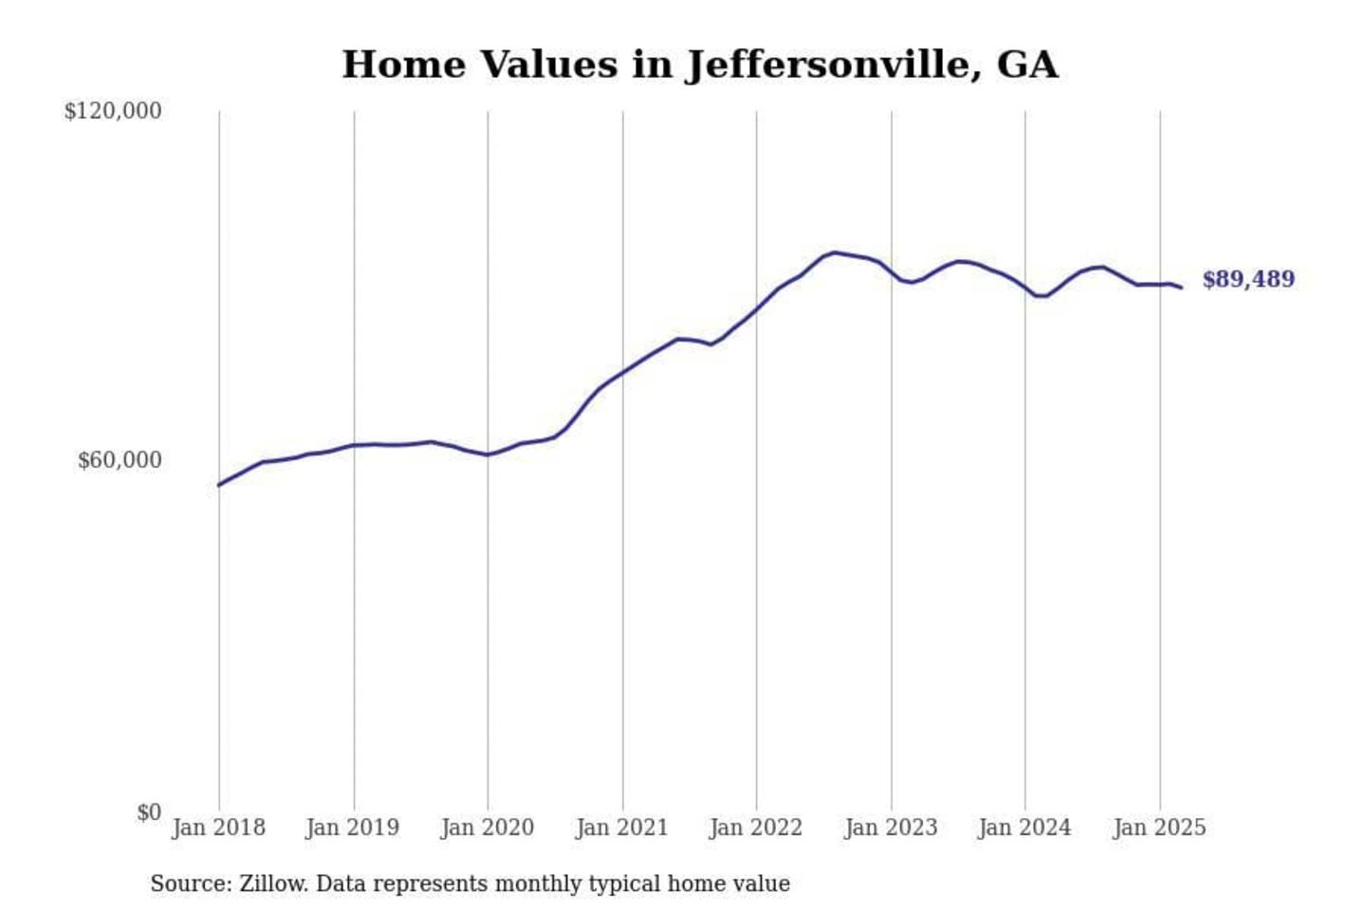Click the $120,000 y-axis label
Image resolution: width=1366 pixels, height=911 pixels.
click(x=112, y=111)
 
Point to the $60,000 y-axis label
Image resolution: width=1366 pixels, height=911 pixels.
click(x=119, y=460)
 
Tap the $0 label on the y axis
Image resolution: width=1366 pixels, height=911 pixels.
click(x=149, y=812)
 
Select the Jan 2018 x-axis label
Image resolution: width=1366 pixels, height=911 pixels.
click(x=218, y=827)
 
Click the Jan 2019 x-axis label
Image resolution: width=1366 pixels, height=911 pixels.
click(x=352, y=827)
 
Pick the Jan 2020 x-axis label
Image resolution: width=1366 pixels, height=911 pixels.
click(x=487, y=827)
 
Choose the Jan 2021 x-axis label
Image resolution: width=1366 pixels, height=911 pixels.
click(x=621, y=827)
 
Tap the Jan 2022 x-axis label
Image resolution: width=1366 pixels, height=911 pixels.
click(x=755, y=827)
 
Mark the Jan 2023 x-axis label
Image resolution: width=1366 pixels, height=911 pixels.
click(x=890, y=827)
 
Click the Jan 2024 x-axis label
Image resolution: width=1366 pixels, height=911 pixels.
click(x=1024, y=827)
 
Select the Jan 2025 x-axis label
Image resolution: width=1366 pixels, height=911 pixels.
click(x=1158, y=827)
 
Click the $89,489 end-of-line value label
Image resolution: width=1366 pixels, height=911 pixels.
click(x=1247, y=279)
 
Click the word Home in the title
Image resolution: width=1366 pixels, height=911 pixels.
click(x=404, y=65)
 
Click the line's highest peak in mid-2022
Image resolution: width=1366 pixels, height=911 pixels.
click(x=834, y=252)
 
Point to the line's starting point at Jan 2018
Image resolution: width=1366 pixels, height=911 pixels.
click(x=219, y=485)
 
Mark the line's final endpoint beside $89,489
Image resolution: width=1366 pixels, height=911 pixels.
click(x=1181, y=287)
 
